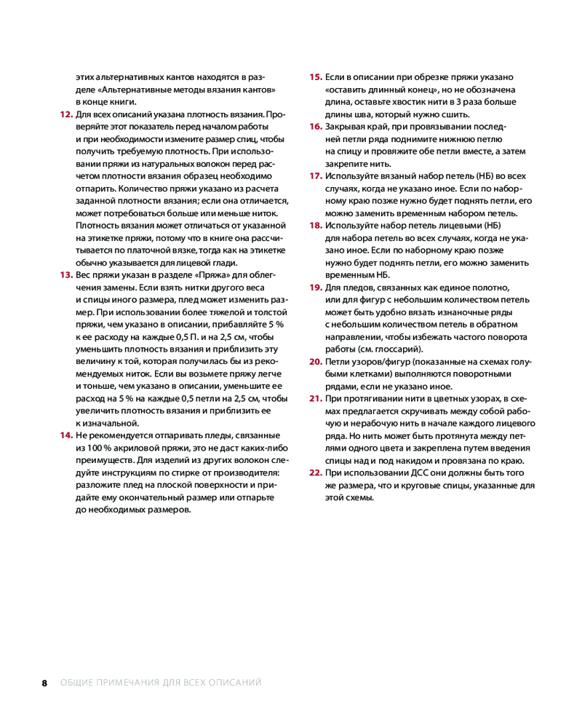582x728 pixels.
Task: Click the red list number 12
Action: pos(65,115)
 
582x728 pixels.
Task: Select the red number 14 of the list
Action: pos(65,435)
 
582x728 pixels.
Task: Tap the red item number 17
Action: pos(315,176)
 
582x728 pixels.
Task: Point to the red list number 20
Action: pos(315,361)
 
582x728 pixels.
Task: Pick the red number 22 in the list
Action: pos(315,472)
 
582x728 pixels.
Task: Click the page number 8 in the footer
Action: pos(44,683)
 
